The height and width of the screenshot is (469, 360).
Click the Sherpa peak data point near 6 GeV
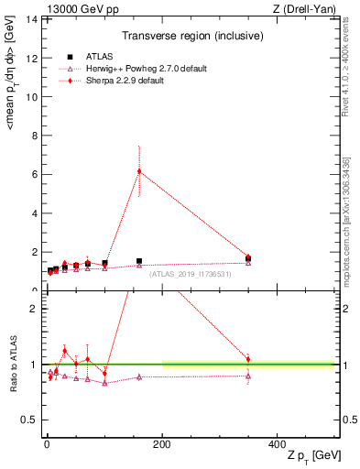tap(139, 170)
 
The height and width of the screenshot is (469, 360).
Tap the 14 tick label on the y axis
tap(31, 19)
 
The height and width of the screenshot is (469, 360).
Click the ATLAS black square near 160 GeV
tap(139, 261)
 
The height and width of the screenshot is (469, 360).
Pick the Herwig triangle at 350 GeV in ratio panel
tap(248, 376)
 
